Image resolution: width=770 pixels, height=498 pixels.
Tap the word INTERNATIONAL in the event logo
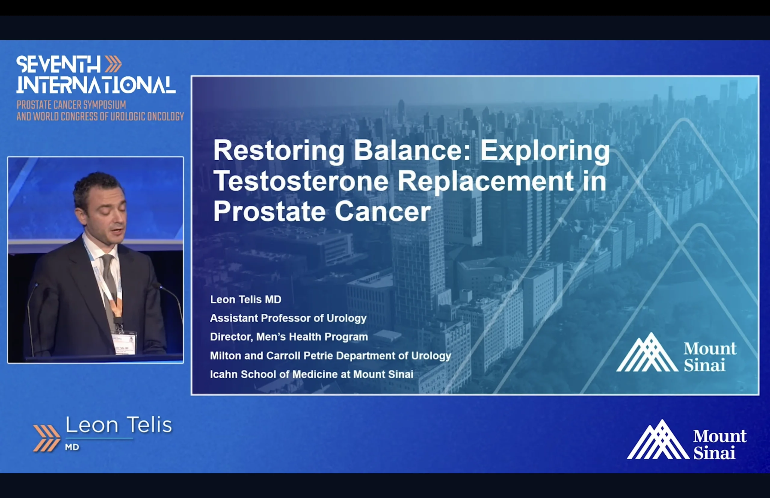[96, 85]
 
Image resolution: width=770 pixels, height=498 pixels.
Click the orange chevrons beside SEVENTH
[113, 64]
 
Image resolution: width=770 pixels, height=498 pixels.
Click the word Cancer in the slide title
[383, 211]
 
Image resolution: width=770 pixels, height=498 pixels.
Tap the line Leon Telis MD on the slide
[246, 300]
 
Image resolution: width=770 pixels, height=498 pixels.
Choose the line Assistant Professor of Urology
[288, 318]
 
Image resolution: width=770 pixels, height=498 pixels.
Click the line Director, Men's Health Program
[289, 337]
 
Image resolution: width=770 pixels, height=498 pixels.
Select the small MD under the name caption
[72, 447]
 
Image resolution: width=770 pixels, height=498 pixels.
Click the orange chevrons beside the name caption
[47, 438]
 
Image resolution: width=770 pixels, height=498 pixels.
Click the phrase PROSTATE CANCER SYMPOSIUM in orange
[72, 105]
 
